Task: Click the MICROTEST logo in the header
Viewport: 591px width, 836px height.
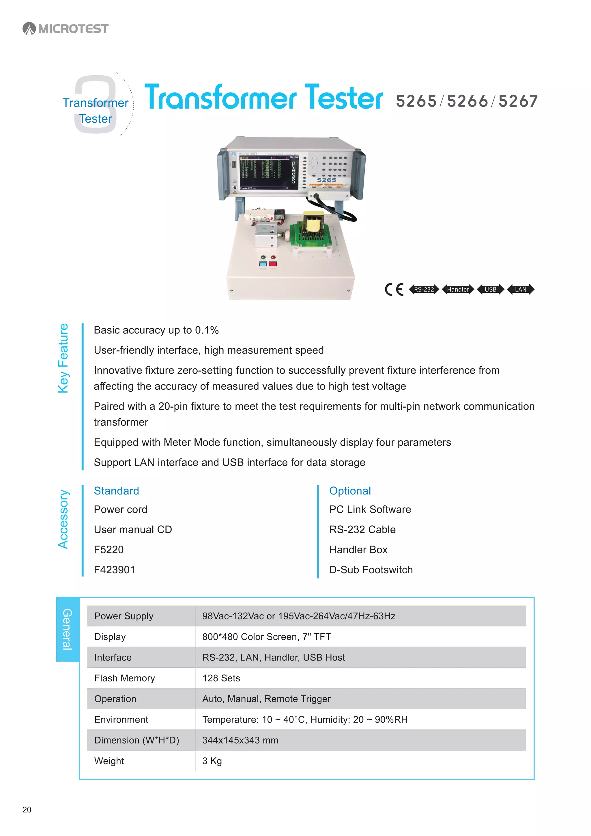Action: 66,28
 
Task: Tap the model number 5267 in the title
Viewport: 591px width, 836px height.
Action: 518,101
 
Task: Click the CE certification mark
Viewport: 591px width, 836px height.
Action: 394,290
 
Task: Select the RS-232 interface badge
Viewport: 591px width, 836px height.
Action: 424,290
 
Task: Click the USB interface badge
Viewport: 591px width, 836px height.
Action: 490,290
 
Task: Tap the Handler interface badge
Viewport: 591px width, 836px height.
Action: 458,290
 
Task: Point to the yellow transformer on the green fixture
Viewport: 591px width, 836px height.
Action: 313,222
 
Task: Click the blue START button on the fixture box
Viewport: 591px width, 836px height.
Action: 263,264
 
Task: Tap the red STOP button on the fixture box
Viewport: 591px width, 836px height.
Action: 273,264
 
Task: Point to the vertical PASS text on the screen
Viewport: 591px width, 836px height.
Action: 293,172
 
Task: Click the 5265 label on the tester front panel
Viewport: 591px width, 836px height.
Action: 326,180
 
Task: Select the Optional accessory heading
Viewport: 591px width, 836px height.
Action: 350,491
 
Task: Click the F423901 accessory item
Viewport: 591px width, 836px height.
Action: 114,570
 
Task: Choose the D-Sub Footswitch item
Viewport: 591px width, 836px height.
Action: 371,570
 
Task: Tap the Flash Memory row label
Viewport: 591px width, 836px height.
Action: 124,678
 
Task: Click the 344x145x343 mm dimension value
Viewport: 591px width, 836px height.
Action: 240,740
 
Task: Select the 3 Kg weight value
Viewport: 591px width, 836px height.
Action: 212,761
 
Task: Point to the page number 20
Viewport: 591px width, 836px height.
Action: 27,809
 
